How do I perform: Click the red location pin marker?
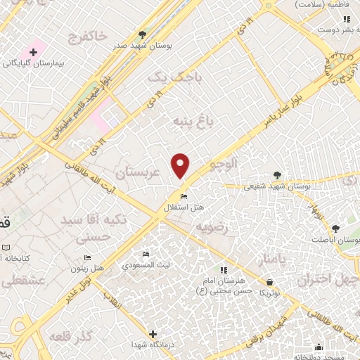pos(181,165)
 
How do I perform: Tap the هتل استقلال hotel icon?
pos(184,196)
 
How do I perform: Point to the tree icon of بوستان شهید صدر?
pos(143,34)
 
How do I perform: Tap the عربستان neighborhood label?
pos(138,172)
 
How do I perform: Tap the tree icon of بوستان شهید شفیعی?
pos(278,176)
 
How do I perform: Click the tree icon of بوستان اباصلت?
pos(335,229)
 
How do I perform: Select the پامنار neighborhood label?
pos(266,260)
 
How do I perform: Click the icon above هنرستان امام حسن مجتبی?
pos(224,270)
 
